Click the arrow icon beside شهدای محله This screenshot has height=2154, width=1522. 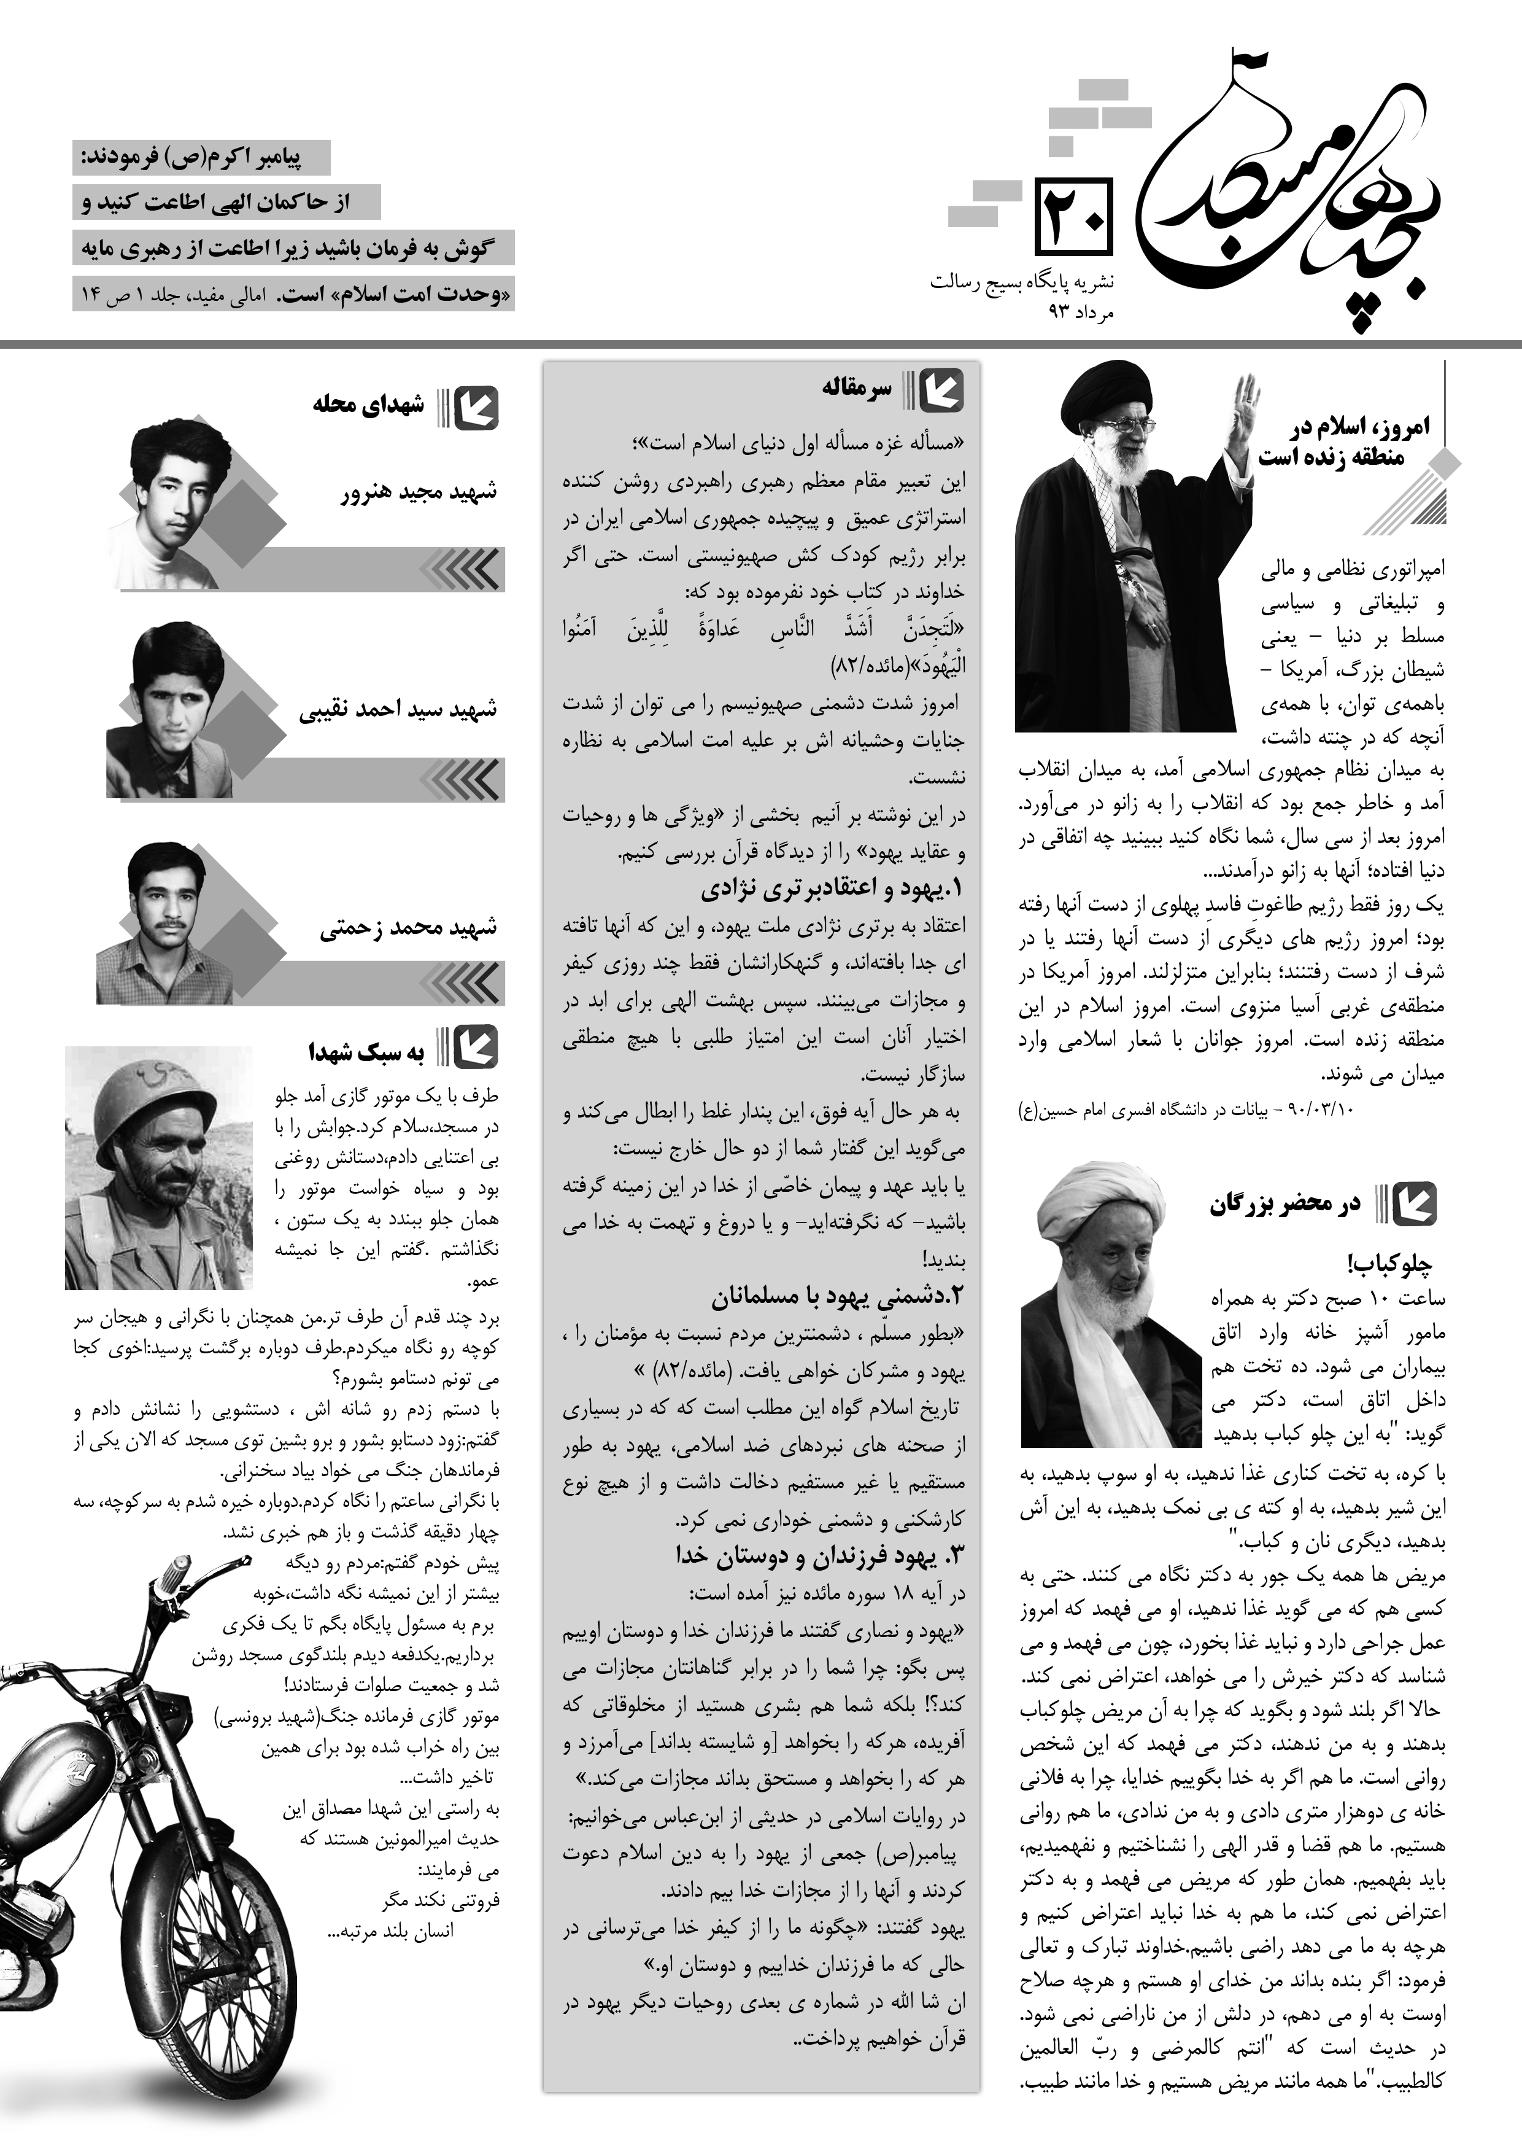tap(476, 407)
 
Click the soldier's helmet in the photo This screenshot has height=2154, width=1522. tap(145, 1079)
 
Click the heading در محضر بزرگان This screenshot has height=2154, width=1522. tap(1284, 1205)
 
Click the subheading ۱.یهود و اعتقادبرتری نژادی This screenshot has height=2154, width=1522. tap(833, 887)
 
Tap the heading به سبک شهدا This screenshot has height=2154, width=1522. tap(366, 1052)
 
